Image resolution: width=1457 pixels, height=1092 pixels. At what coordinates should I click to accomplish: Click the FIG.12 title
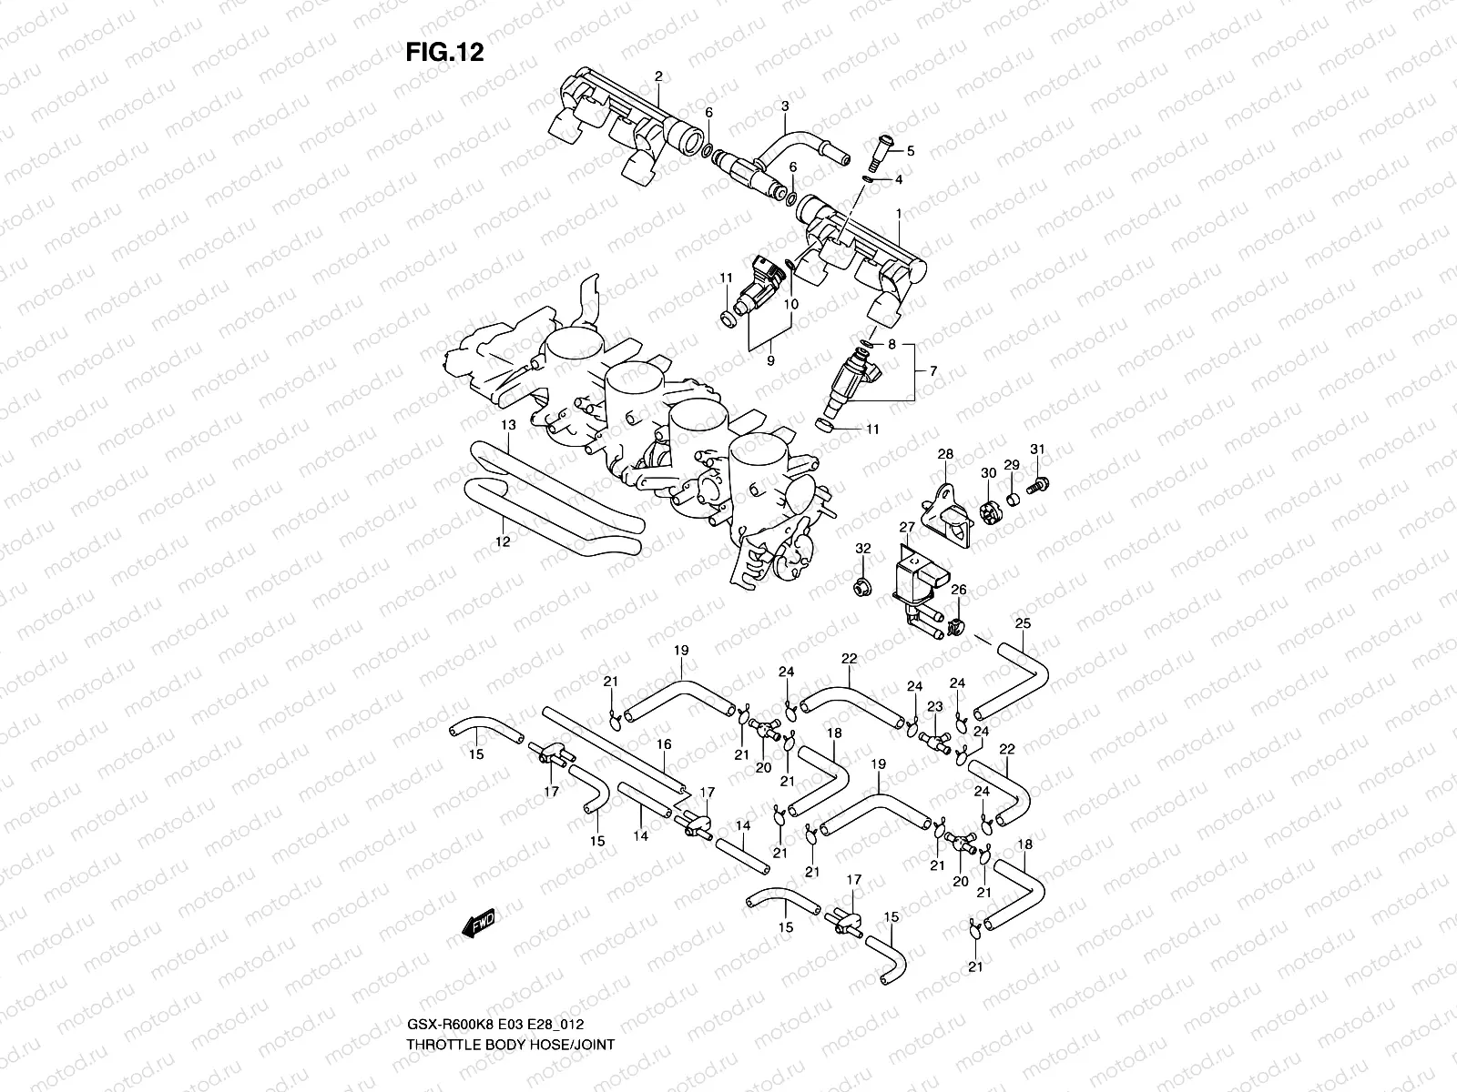pyautogui.click(x=444, y=53)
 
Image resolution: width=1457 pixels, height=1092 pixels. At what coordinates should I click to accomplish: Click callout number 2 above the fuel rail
pyautogui.click(x=658, y=76)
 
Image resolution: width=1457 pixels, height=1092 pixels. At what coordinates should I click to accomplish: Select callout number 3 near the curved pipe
pyautogui.click(x=784, y=106)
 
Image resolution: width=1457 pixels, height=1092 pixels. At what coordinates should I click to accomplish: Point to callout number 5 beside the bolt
pyautogui.click(x=909, y=151)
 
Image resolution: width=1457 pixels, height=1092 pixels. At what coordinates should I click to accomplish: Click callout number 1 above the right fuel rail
pyautogui.click(x=899, y=214)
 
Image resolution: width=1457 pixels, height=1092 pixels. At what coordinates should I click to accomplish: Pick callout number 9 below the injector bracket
pyautogui.click(x=770, y=361)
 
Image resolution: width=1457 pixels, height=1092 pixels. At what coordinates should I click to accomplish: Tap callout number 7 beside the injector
pyautogui.click(x=932, y=370)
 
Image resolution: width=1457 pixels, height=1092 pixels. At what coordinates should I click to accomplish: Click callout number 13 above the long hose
pyautogui.click(x=508, y=425)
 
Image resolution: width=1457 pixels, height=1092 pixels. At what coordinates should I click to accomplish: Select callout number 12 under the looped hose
pyautogui.click(x=503, y=541)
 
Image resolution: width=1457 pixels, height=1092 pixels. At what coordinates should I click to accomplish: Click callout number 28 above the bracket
pyautogui.click(x=945, y=454)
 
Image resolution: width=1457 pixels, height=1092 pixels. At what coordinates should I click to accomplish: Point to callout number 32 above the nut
pyautogui.click(x=863, y=549)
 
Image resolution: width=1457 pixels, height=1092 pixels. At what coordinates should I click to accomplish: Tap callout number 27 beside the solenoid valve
pyautogui.click(x=907, y=527)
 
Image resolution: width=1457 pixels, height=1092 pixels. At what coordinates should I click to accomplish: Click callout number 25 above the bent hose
pyautogui.click(x=1024, y=623)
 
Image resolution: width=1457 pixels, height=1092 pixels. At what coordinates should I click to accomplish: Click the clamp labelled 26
pyautogui.click(x=956, y=626)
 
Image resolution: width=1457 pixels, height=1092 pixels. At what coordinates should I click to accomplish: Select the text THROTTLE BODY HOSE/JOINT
pyautogui.click(x=510, y=993)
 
